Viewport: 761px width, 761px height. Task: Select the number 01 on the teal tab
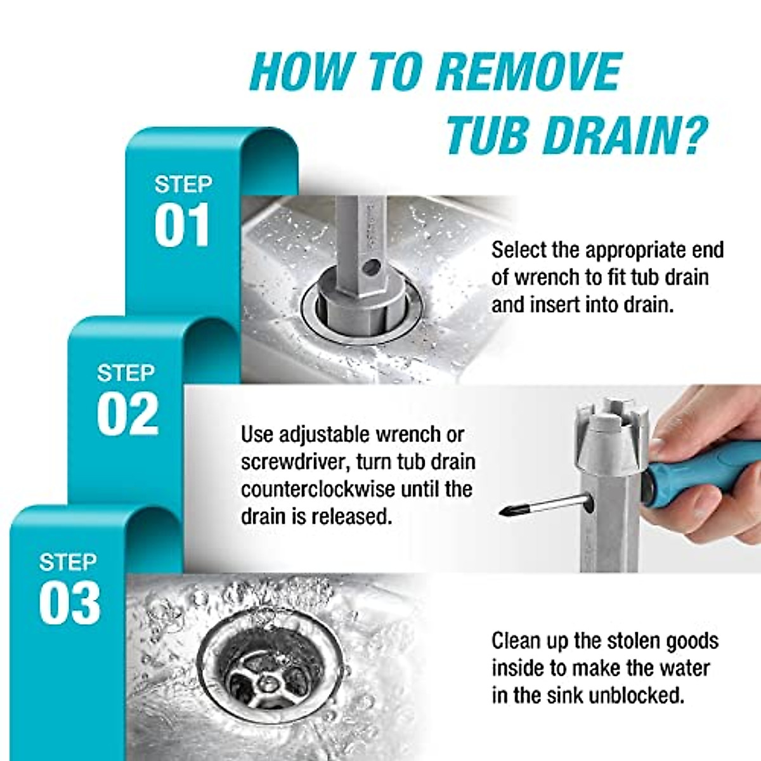[181, 226]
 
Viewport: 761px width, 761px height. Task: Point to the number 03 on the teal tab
[70, 604]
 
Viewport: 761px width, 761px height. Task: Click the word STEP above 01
[183, 185]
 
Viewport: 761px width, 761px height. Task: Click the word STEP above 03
[68, 562]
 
